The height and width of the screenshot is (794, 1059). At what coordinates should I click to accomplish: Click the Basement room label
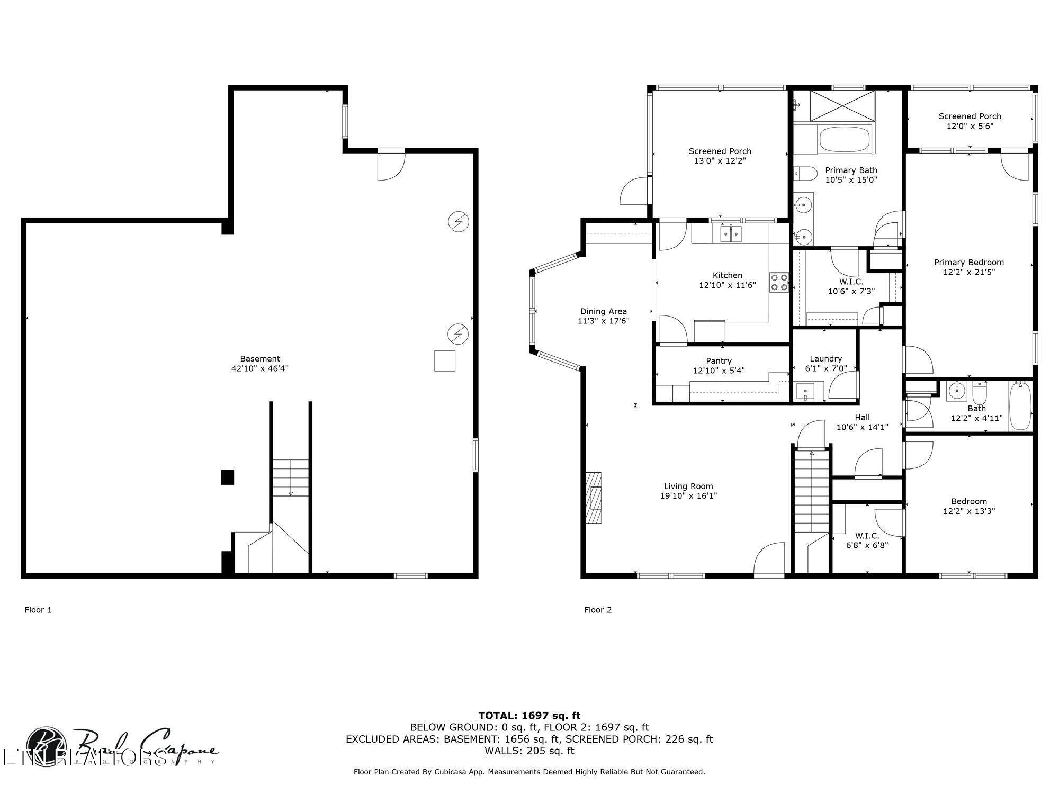click(259, 358)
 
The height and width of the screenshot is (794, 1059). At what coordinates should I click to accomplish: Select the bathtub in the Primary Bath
click(845, 139)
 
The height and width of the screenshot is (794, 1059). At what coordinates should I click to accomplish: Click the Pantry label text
click(719, 361)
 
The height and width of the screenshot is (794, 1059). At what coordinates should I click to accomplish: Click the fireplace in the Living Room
click(594, 497)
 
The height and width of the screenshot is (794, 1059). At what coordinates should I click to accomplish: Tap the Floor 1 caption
click(38, 610)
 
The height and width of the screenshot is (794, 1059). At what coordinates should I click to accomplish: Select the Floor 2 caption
click(598, 610)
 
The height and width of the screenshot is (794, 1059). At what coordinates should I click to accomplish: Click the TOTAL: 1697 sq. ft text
click(529, 716)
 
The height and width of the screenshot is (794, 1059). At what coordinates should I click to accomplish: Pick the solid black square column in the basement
click(227, 477)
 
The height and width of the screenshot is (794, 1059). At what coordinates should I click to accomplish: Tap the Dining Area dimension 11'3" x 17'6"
click(603, 321)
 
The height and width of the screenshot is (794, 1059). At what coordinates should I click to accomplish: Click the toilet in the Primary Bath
click(806, 173)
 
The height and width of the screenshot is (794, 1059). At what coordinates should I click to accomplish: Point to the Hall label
click(862, 418)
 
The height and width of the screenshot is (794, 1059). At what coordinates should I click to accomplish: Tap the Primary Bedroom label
click(968, 263)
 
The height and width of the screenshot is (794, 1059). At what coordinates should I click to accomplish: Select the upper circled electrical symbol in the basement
click(459, 221)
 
